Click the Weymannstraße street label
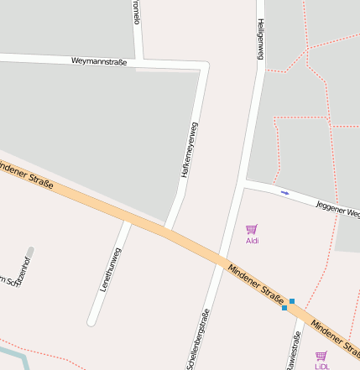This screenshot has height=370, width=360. click(x=99, y=61)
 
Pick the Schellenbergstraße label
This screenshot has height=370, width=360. click(x=198, y=339)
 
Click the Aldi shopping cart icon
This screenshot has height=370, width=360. click(x=251, y=229)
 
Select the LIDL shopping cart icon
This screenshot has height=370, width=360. click(x=321, y=356)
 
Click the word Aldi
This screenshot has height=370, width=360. click(x=252, y=241)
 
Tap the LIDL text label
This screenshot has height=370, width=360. click(x=321, y=367)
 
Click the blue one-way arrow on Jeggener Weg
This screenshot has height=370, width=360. click(x=284, y=193)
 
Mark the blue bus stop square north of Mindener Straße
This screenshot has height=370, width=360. click(x=291, y=300)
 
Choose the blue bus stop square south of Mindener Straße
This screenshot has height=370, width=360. click(x=284, y=308)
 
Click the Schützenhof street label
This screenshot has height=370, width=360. click(x=18, y=272)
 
